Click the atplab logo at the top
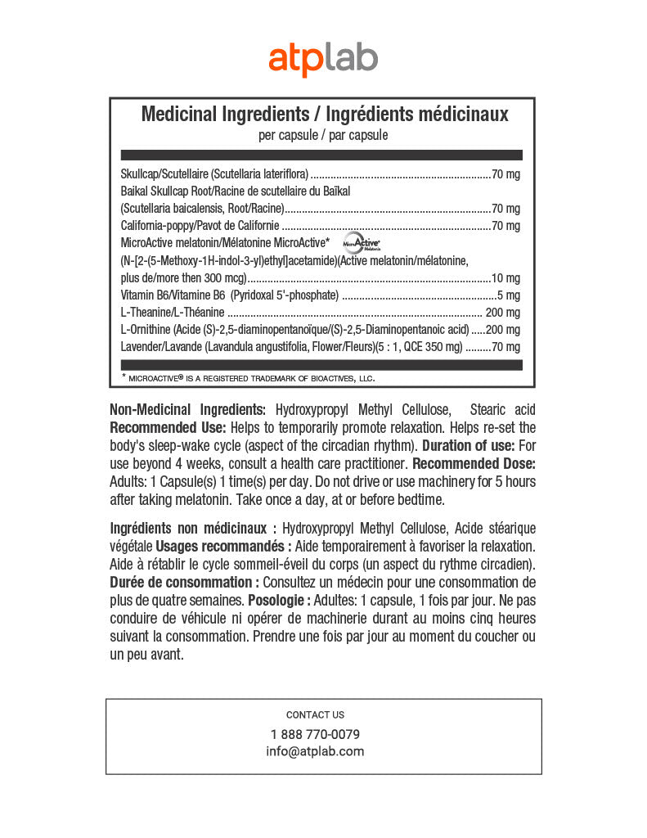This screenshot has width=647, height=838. point(323,59)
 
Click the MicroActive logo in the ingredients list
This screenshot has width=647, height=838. point(362,242)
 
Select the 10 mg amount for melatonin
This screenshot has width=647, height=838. point(506,277)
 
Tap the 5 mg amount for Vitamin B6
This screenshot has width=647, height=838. point(510,295)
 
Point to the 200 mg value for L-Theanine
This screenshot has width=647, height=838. point(503,313)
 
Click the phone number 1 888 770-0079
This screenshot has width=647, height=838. point(315,734)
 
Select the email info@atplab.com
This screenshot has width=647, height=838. point(315,751)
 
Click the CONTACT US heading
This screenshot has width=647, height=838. point(315,714)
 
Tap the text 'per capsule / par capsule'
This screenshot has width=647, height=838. point(323,135)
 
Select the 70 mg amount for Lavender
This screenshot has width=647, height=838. point(506,347)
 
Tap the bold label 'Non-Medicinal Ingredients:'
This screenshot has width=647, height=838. point(187,409)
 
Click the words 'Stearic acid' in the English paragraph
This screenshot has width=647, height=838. point(503,409)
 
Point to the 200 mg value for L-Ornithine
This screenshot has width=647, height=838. point(503,330)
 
